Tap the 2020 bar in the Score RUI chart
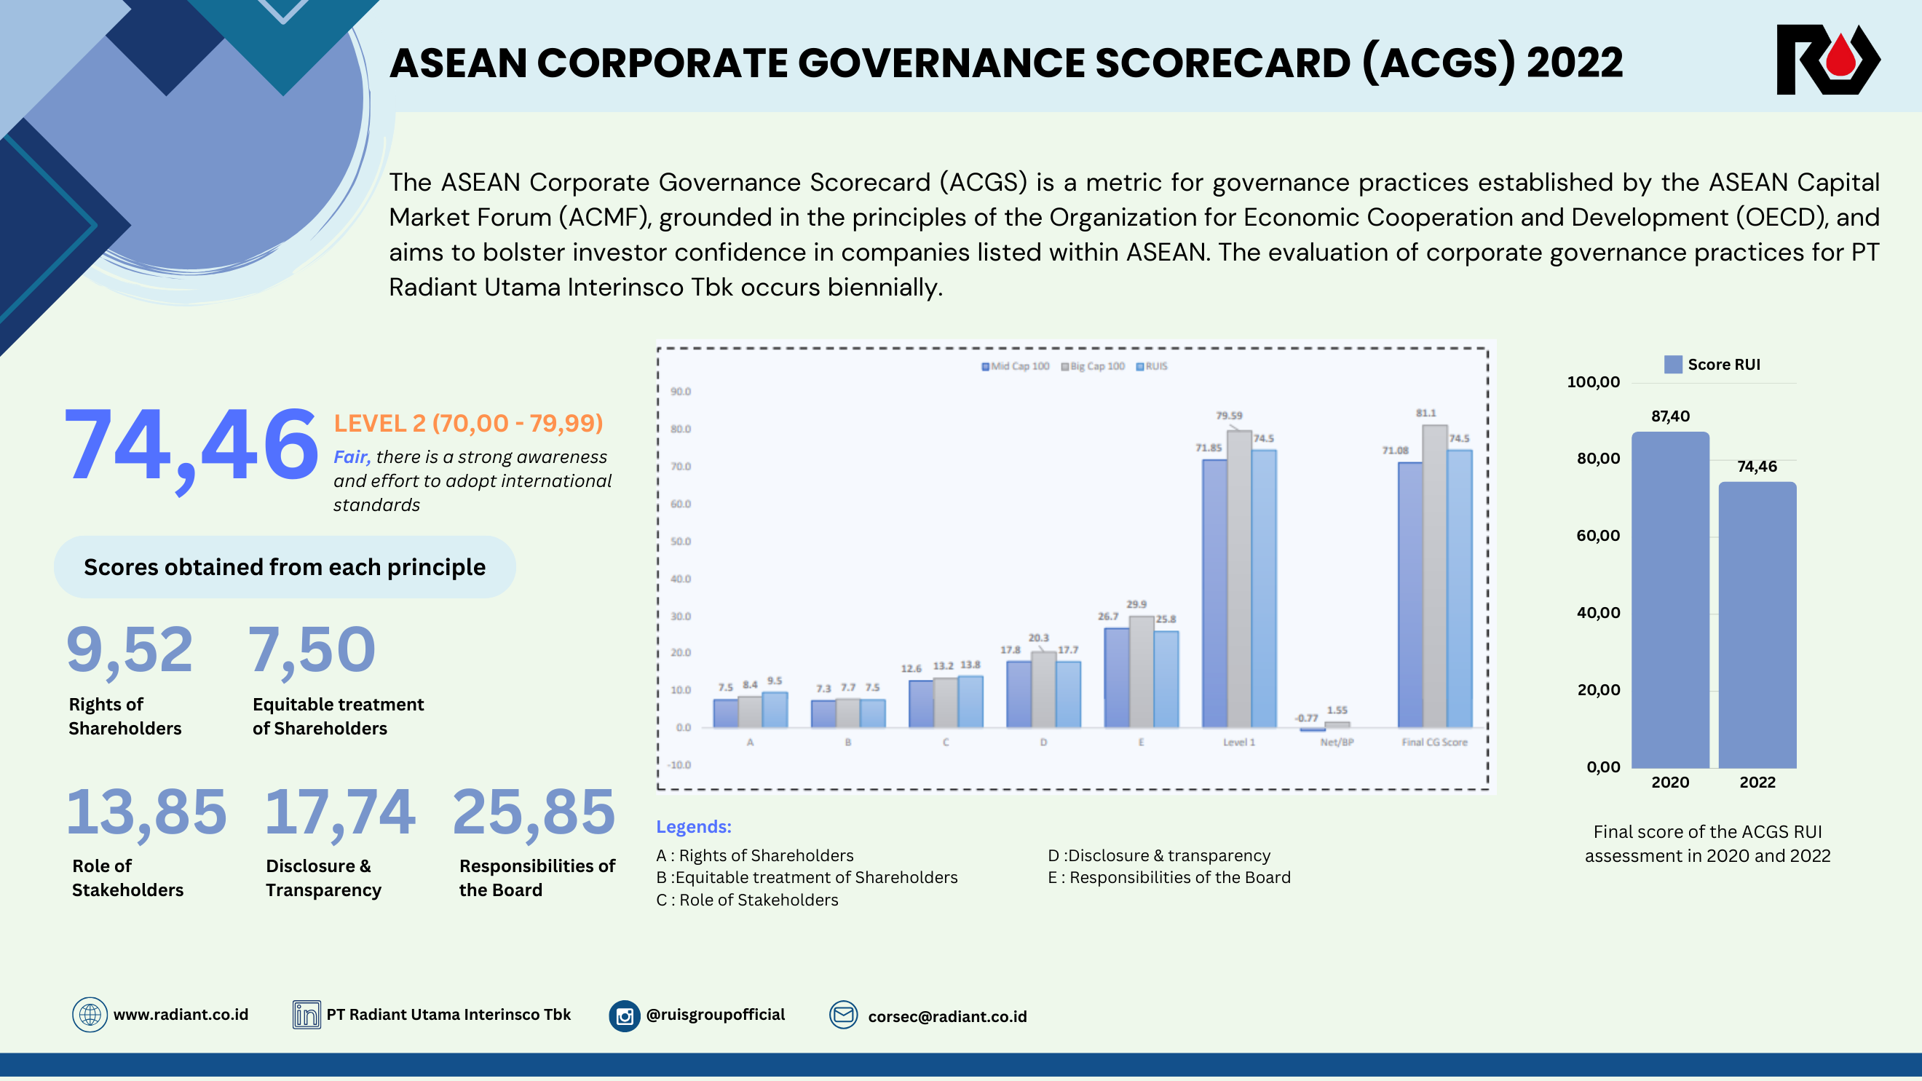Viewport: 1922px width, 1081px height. [1670, 601]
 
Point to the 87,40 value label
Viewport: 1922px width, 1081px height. [1670, 416]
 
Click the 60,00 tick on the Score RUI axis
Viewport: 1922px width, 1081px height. [1597, 536]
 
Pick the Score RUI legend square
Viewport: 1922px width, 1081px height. [1673, 365]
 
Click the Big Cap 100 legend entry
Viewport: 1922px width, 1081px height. [1092, 366]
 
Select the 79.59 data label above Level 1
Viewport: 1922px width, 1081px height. [1229, 416]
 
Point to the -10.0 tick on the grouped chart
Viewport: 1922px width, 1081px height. [680, 764]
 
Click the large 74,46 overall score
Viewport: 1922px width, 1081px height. [191, 446]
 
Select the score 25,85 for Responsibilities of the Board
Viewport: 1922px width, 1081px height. [534, 812]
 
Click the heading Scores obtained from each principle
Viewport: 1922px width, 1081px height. [284, 567]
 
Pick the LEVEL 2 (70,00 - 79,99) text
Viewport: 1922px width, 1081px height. [468, 423]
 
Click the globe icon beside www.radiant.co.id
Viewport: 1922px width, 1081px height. [90, 1015]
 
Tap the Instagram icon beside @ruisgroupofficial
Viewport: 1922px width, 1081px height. [625, 1015]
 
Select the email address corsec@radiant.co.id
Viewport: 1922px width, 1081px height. [947, 1016]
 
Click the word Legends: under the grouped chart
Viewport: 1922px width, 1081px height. [693, 827]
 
